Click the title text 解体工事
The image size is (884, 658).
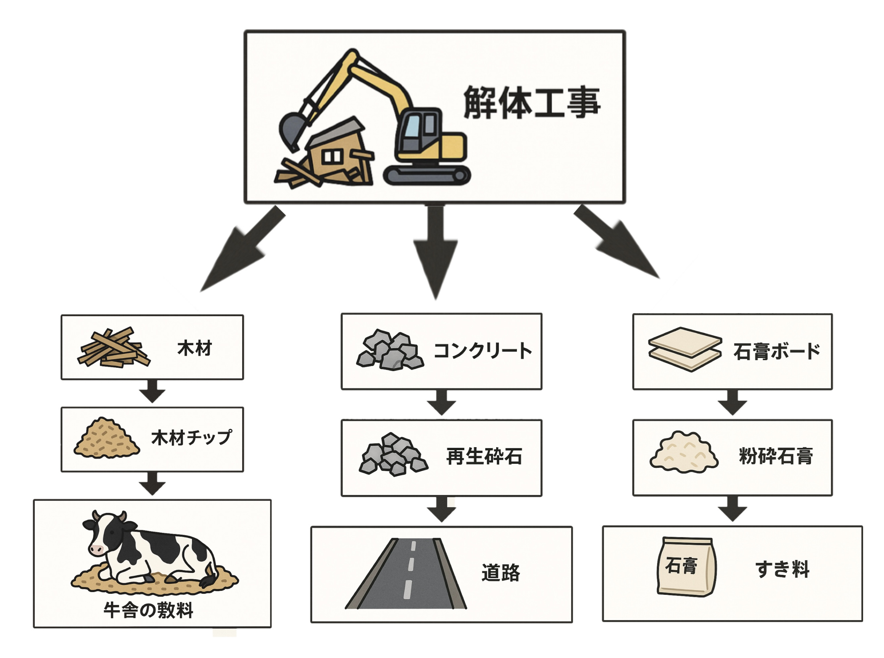pyautogui.click(x=531, y=103)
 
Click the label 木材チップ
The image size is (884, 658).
pyautogui.click(x=191, y=438)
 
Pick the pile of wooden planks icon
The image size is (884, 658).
pyautogui.click(x=113, y=347)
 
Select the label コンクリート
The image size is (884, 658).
pyautogui.click(x=482, y=351)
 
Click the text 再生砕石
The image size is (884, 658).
pyautogui.click(x=484, y=456)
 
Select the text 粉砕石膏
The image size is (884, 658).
pyautogui.click(x=776, y=456)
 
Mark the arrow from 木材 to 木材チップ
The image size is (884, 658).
pyautogui.click(x=152, y=391)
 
